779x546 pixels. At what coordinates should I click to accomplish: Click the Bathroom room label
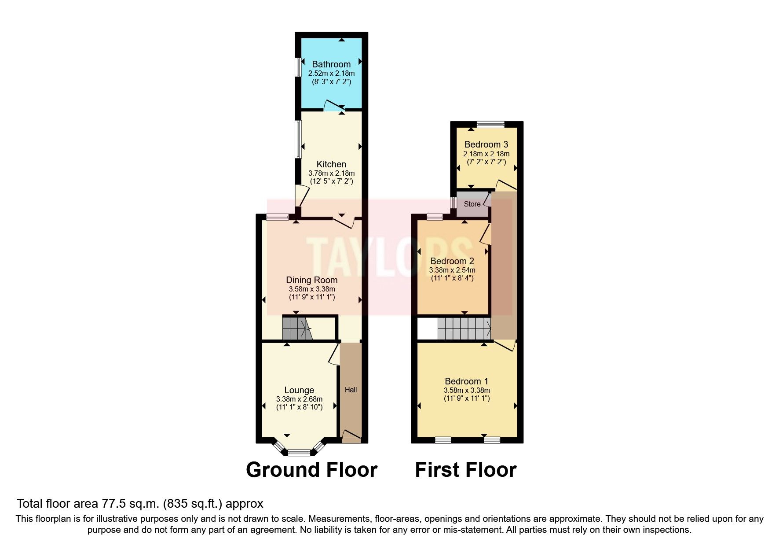pos(331,64)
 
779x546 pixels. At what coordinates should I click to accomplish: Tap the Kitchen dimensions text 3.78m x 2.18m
pos(331,173)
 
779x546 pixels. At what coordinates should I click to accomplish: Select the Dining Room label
pos(311,280)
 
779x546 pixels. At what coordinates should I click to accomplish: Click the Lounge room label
pos(299,390)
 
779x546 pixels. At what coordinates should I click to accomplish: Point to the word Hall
pos(351,390)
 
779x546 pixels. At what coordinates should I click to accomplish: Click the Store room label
pos(472,204)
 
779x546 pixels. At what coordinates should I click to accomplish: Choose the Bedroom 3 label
pos(486,144)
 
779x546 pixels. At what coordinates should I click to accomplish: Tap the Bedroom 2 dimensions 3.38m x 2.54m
pos(452,270)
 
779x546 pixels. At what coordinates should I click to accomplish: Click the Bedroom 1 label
pos(466,381)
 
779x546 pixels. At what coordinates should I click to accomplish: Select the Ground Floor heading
pos(311,470)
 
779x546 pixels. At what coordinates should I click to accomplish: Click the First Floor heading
pos(465,470)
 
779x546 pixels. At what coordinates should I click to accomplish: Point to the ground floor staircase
pos(296,328)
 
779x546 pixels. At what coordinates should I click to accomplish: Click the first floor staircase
pos(464,328)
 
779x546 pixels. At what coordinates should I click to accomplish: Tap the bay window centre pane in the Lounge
pos(299,452)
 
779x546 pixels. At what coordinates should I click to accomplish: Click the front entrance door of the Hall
pos(351,436)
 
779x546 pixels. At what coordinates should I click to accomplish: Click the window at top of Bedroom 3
pos(491,125)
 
